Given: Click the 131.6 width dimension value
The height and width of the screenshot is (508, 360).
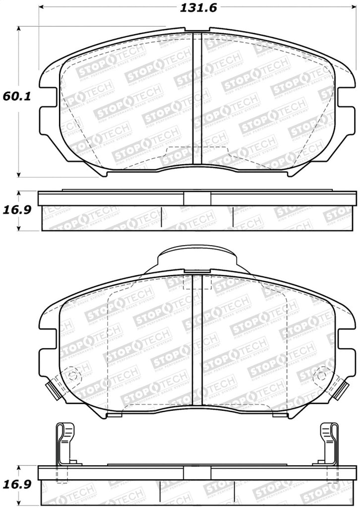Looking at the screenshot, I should pyautogui.click(x=197, y=7).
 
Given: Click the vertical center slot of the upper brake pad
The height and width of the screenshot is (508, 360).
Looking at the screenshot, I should pyautogui.click(x=197, y=99).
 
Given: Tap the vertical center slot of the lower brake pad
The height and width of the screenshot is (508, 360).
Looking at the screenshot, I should pyautogui.click(x=197, y=342).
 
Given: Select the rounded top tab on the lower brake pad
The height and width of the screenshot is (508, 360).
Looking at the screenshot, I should pyautogui.click(x=197, y=258).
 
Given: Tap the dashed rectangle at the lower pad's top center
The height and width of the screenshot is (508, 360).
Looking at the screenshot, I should pyautogui.click(x=197, y=282).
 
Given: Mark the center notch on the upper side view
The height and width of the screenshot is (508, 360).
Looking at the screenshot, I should pyautogui.click(x=197, y=198).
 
